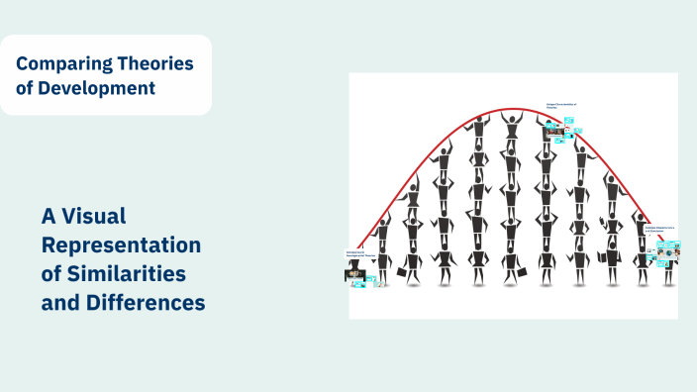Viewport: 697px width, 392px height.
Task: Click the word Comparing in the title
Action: point(55,64)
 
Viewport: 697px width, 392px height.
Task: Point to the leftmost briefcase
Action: point(401,271)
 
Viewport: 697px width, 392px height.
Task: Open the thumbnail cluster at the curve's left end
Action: point(358,273)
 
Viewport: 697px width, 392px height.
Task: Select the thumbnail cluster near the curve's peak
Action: point(562,129)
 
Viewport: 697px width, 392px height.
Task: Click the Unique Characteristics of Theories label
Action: point(562,105)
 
